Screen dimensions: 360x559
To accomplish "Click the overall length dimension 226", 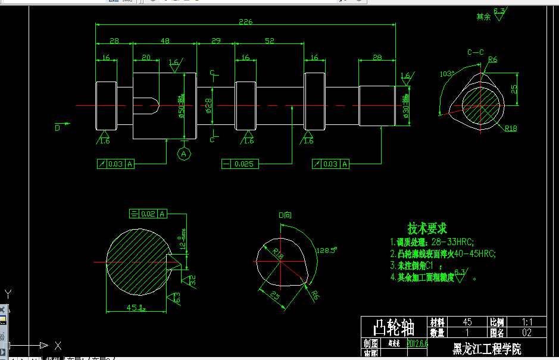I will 245,22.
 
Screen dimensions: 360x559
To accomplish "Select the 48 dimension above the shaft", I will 165,41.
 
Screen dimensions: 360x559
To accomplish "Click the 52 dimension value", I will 269,41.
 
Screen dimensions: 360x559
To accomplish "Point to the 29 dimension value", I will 216,41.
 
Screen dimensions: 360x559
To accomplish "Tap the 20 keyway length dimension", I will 145,58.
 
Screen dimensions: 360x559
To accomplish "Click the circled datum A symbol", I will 184,154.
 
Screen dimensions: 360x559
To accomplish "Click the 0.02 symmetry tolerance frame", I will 148,214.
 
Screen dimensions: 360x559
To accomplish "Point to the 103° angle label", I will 446,74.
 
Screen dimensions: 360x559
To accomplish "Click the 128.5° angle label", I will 327,250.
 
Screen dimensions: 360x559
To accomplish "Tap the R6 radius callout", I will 492,60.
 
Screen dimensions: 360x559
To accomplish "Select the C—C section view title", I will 475,52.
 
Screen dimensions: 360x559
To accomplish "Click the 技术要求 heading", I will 427,228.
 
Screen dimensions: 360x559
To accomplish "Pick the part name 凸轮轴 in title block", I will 394,327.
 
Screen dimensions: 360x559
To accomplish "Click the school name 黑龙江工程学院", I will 486,349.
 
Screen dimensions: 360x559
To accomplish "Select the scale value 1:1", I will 526,321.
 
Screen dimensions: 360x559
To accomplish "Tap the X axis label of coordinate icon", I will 58,345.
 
